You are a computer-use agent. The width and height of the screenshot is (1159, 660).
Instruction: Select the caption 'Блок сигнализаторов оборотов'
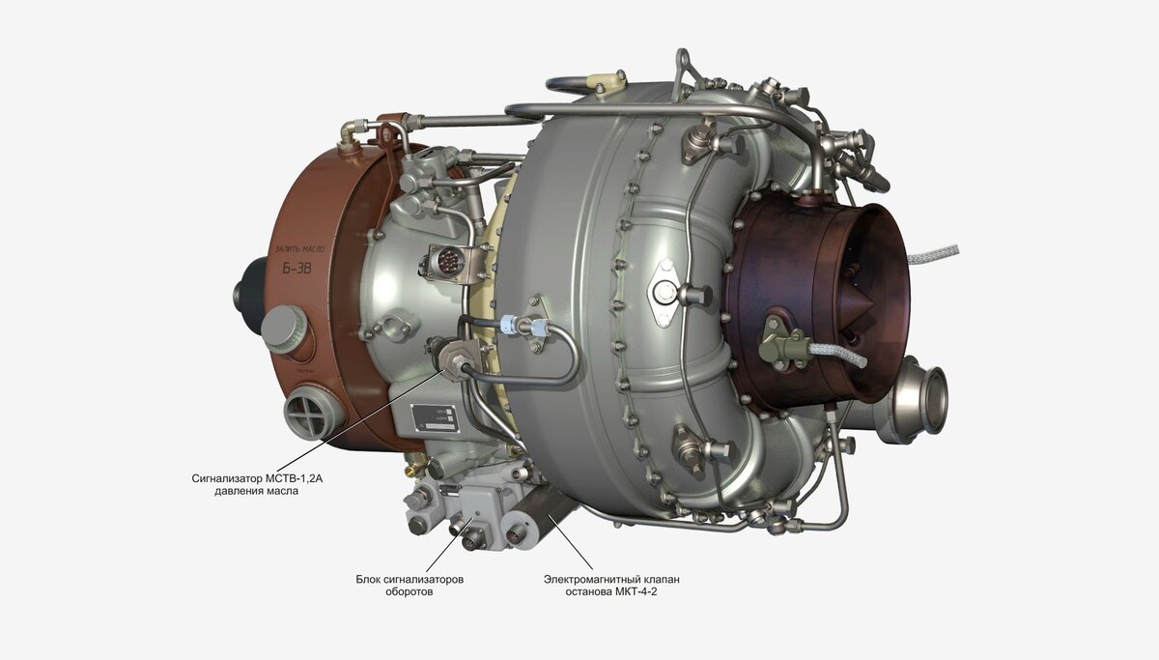click(x=410, y=585)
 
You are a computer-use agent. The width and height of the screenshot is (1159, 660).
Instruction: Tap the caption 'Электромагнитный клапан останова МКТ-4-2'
click(x=610, y=585)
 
